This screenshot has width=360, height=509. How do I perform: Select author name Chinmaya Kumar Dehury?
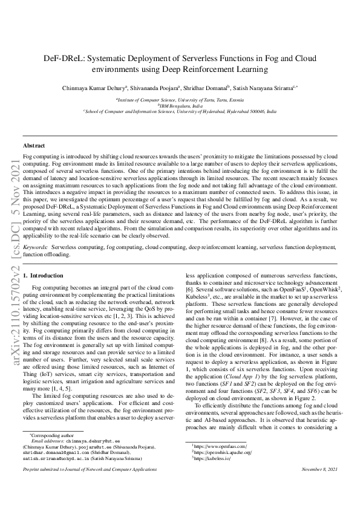tap(89, 88)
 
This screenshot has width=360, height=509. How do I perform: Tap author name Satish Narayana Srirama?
tap(264, 88)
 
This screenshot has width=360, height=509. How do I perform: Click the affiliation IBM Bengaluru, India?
tap(180, 105)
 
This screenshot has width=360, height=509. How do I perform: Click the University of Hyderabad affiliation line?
tap(180, 112)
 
